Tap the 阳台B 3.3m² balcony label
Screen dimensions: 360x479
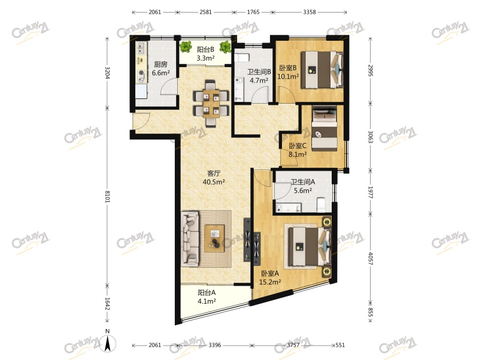pyautogui.click(x=206, y=54)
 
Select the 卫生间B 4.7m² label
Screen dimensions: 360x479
pyautogui.click(x=260, y=76)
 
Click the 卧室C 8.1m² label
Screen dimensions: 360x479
pyautogui.click(x=298, y=150)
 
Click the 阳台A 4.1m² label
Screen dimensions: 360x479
pyautogui.click(x=207, y=297)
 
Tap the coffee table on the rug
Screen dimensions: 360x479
pyautogui.click(x=214, y=237)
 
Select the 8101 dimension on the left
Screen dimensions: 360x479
pyautogui.click(x=108, y=197)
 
